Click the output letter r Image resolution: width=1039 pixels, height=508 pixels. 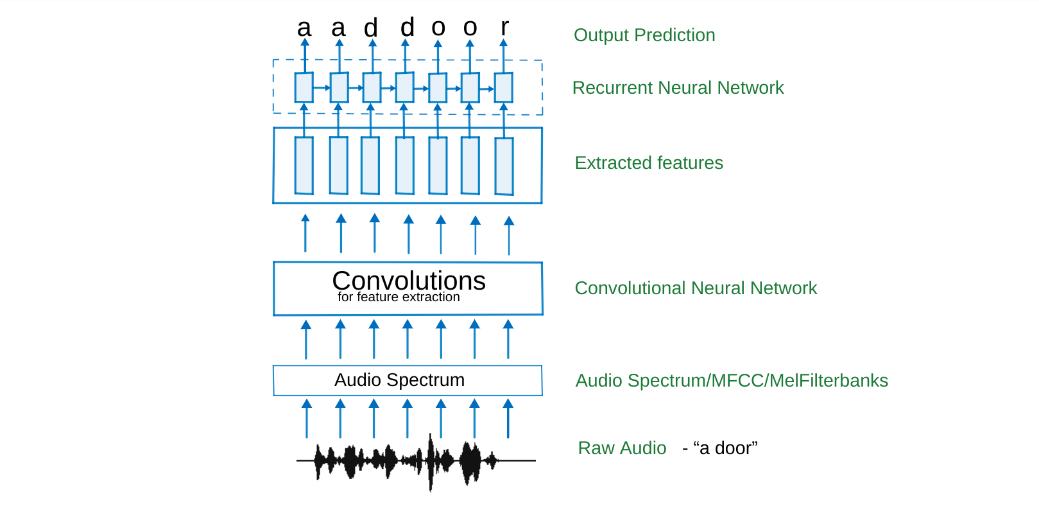click(x=505, y=27)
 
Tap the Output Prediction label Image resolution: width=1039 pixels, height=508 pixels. click(x=644, y=35)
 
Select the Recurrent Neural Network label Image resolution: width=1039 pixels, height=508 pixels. click(x=678, y=88)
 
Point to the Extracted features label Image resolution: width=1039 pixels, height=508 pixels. click(x=649, y=163)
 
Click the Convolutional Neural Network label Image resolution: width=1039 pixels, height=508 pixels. click(x=696, y=288)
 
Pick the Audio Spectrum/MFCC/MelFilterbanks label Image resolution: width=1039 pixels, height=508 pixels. click(x=732, y=381)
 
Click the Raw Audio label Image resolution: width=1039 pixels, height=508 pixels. click(x=622, y=448)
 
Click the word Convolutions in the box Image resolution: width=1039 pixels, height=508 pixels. click(x=409, y=281)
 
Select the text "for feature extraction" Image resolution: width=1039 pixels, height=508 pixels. click(x=399, y=297)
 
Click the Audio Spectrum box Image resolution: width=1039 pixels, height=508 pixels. click(x=408, y=380)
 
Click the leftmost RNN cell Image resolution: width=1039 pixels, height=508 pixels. click(x=304, y=87)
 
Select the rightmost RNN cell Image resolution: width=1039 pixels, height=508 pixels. click(x=504, y=87)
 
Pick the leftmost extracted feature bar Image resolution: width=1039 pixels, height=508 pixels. click(x=304, y=165)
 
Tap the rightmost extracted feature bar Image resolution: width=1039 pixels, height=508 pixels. click(x=504, y=166)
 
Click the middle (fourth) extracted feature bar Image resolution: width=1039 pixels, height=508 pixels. click(x=405, y=166)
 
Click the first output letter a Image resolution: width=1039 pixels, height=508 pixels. click(x=304, y=28)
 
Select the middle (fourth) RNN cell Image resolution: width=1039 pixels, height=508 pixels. click(x=405, y=87)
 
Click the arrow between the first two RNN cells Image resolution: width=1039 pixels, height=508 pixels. click(x=322, y=87)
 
